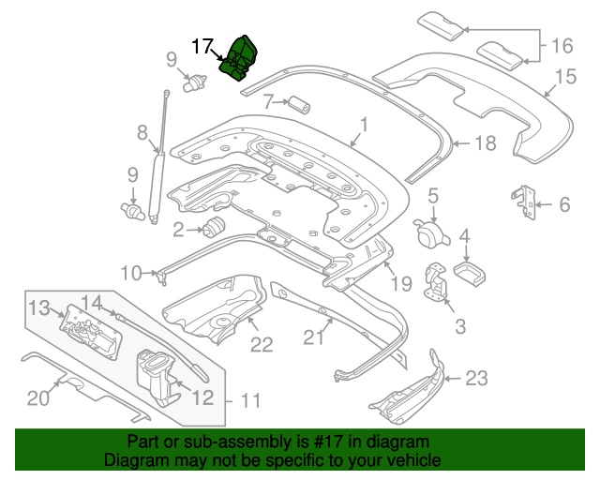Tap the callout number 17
click(x=203, y=45)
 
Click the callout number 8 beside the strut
click(x=142, y=132)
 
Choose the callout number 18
click(x=485, y=143)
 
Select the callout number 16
click(x=561, y=44)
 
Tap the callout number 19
click(x=400, y=281)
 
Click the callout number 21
click(x=312, y=336)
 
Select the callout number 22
click(x=261, y=345)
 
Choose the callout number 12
click(x=203, y=397)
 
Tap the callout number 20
click(x=37, y=398)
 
